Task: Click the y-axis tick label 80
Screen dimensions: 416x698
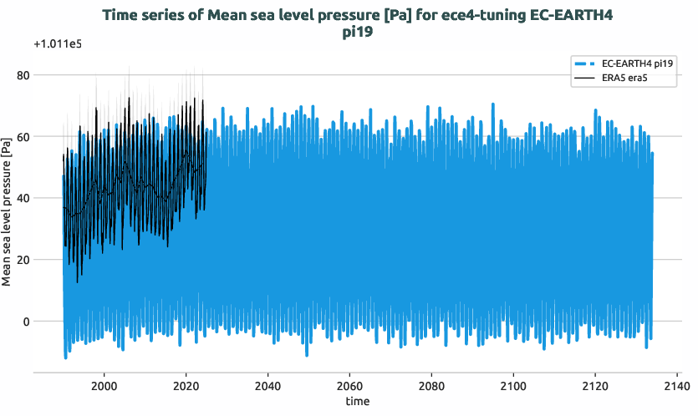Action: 47,75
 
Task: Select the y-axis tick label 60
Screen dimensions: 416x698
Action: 47,137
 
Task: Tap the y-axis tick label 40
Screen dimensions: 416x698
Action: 47,198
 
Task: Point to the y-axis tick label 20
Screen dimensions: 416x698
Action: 47,260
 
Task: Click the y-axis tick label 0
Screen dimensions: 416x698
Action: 50,322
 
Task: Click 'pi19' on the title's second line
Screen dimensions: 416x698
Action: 357,33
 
